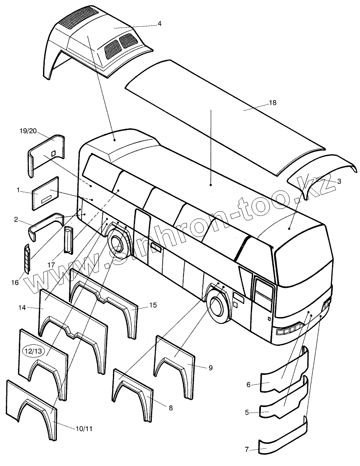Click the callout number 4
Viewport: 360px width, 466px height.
159,24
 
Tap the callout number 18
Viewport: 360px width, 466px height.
273,102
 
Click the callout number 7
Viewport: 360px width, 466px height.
247,449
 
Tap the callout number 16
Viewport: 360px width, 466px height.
15,283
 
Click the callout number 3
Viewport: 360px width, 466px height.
339,181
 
